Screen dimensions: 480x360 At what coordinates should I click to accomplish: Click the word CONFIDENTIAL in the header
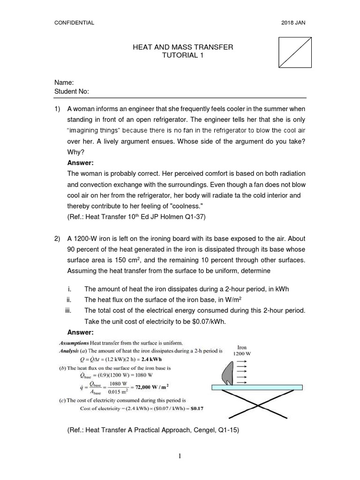coord(75,22)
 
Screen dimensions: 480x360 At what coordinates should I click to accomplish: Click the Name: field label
coord(65,82)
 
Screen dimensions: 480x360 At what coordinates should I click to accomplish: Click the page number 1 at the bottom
coord(180,462)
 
